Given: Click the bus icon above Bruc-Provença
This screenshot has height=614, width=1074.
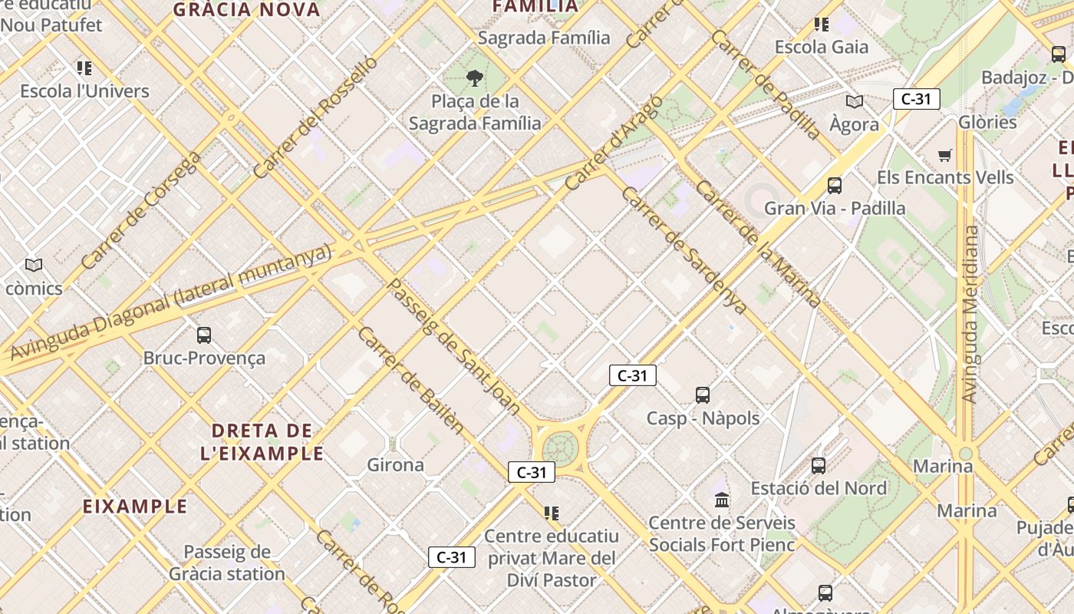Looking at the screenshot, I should coord(204,335).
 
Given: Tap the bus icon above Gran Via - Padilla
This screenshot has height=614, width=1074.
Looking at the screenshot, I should coord(834,185).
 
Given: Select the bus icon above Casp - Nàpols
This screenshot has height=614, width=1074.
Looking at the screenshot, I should coord(702,395).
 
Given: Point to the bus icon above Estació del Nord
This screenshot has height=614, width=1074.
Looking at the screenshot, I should coord(819,465).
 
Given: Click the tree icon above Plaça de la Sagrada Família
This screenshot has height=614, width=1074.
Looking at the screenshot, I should coord(475,78).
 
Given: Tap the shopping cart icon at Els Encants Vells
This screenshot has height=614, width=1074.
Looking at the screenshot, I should coord(945,155).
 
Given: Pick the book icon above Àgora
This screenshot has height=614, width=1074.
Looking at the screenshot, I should coord(854,101).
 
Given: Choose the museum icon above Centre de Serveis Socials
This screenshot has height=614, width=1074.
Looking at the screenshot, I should coord(722,500).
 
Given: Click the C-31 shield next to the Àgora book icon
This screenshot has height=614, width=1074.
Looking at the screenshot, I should coord(916,99).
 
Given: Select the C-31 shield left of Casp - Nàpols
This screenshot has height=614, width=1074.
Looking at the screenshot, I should coord(632,375).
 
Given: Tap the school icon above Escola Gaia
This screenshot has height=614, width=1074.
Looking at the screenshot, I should coord(822,25).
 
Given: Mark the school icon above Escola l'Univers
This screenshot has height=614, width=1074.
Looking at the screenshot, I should coord(84,68).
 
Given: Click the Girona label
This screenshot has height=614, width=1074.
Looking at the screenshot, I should coord(395,465).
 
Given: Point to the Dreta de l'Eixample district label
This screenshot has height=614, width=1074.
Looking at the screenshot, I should coord(262,441).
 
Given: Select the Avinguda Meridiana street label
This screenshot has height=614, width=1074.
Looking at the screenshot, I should coord(970,315).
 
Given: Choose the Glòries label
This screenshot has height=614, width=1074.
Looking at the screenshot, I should coord(987,122).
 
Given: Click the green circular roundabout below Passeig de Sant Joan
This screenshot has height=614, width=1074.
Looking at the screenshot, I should coord(560,447).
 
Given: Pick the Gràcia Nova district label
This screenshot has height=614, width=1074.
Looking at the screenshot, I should coord(246,10).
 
